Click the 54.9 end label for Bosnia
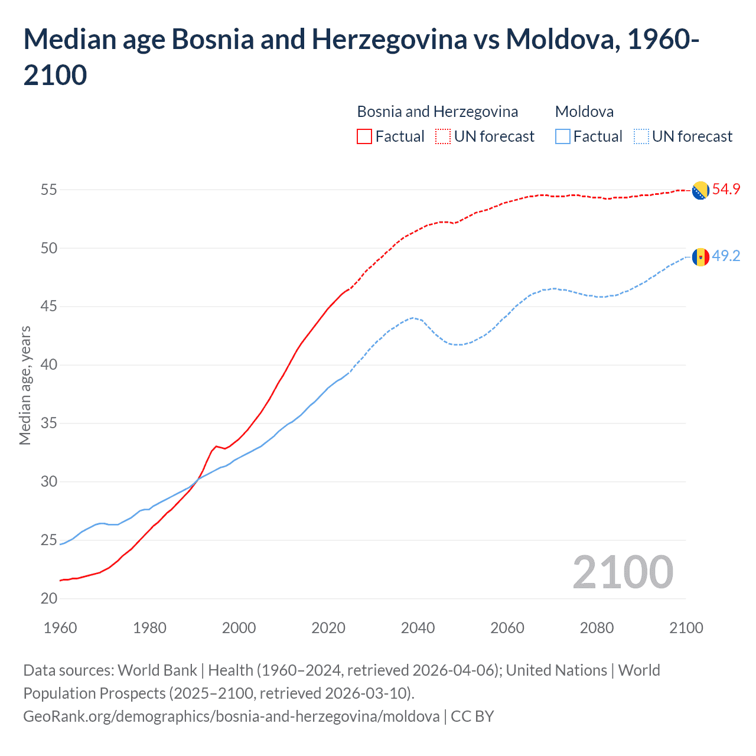point(726,189)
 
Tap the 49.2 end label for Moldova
point(726,256)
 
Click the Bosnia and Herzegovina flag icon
point(700,190)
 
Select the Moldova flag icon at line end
point(700,257)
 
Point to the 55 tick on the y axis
point(49,190)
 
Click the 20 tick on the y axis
point(49,598)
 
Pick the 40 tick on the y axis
point(49,365)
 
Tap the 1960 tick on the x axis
point(60,628)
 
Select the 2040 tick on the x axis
point(418,628)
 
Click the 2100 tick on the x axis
point(686,628)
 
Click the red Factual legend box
point(364,136)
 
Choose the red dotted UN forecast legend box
point(443,136)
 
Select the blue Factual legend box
point(563,136)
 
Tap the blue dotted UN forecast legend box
point(641,136)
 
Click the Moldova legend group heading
point(584,112)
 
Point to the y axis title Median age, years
point(25,385)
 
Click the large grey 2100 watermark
point(623,572)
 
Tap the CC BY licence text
point(472,716)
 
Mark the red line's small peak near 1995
point(216,446)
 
